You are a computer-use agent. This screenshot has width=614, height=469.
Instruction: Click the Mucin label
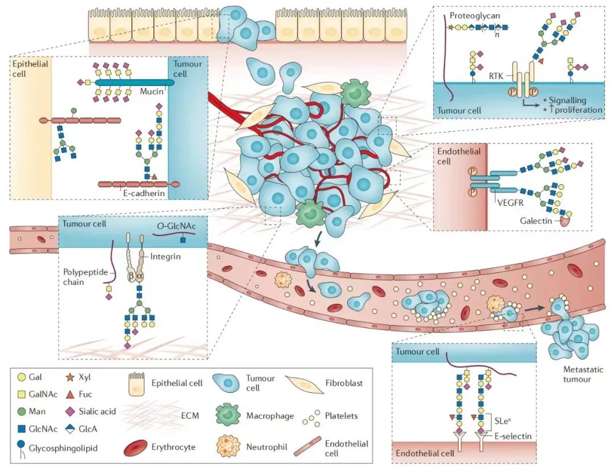pos(152,92)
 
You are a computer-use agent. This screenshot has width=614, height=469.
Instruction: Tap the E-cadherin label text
pos(144,193)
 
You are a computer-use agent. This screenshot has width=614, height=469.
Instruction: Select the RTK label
pos(496,76)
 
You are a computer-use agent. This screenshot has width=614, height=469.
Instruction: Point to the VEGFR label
pos(510,203)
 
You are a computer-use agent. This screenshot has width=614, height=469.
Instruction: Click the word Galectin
pos(536,221)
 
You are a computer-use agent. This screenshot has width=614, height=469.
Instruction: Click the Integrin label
pos(165,257)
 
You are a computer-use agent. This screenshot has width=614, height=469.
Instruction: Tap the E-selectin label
pos(513,435)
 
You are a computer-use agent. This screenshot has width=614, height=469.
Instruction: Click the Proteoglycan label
pos(475,16)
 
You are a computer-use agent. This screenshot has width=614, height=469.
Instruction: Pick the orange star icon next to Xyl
pos(70,377)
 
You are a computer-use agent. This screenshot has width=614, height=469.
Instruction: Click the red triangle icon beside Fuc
pos(70,394)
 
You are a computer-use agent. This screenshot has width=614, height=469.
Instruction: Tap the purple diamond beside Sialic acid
pos(70,411)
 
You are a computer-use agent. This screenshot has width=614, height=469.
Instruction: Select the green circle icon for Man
pos(22,411)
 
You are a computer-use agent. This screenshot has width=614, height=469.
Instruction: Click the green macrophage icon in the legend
pos(229,415)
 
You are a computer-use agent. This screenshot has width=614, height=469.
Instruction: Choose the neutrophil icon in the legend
pos(228,446)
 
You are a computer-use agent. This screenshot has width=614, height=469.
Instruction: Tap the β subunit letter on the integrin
pos(131,276)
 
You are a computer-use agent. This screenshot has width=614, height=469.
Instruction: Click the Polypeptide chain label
pos(85,277)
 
